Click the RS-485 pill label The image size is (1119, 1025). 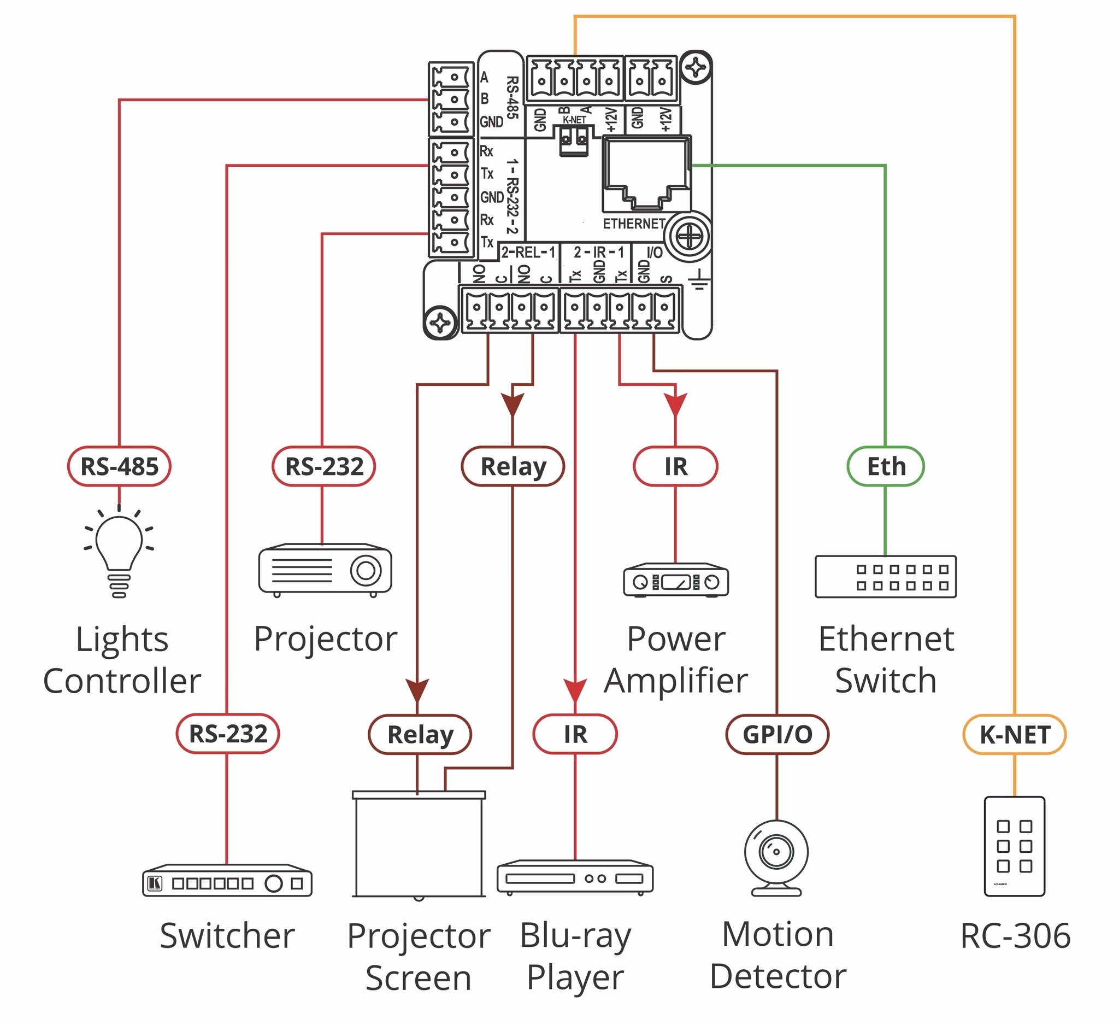[119, 466]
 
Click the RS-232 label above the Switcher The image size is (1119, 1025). [228, 734]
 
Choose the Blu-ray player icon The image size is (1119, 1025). [575, 878]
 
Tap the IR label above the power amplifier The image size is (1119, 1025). [675, 466]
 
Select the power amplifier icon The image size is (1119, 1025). [675, 580]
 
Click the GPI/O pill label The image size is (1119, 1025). [777, 735]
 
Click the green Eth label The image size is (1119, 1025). [885, 466]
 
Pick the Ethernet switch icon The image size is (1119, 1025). [885, 577]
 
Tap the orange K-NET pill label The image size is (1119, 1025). [1014, 735]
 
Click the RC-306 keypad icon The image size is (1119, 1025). [1014, 846]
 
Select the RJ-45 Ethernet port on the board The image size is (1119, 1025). [646, 173]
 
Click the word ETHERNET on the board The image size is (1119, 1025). [634, 224]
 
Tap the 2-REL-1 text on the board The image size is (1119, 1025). [528, 253]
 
